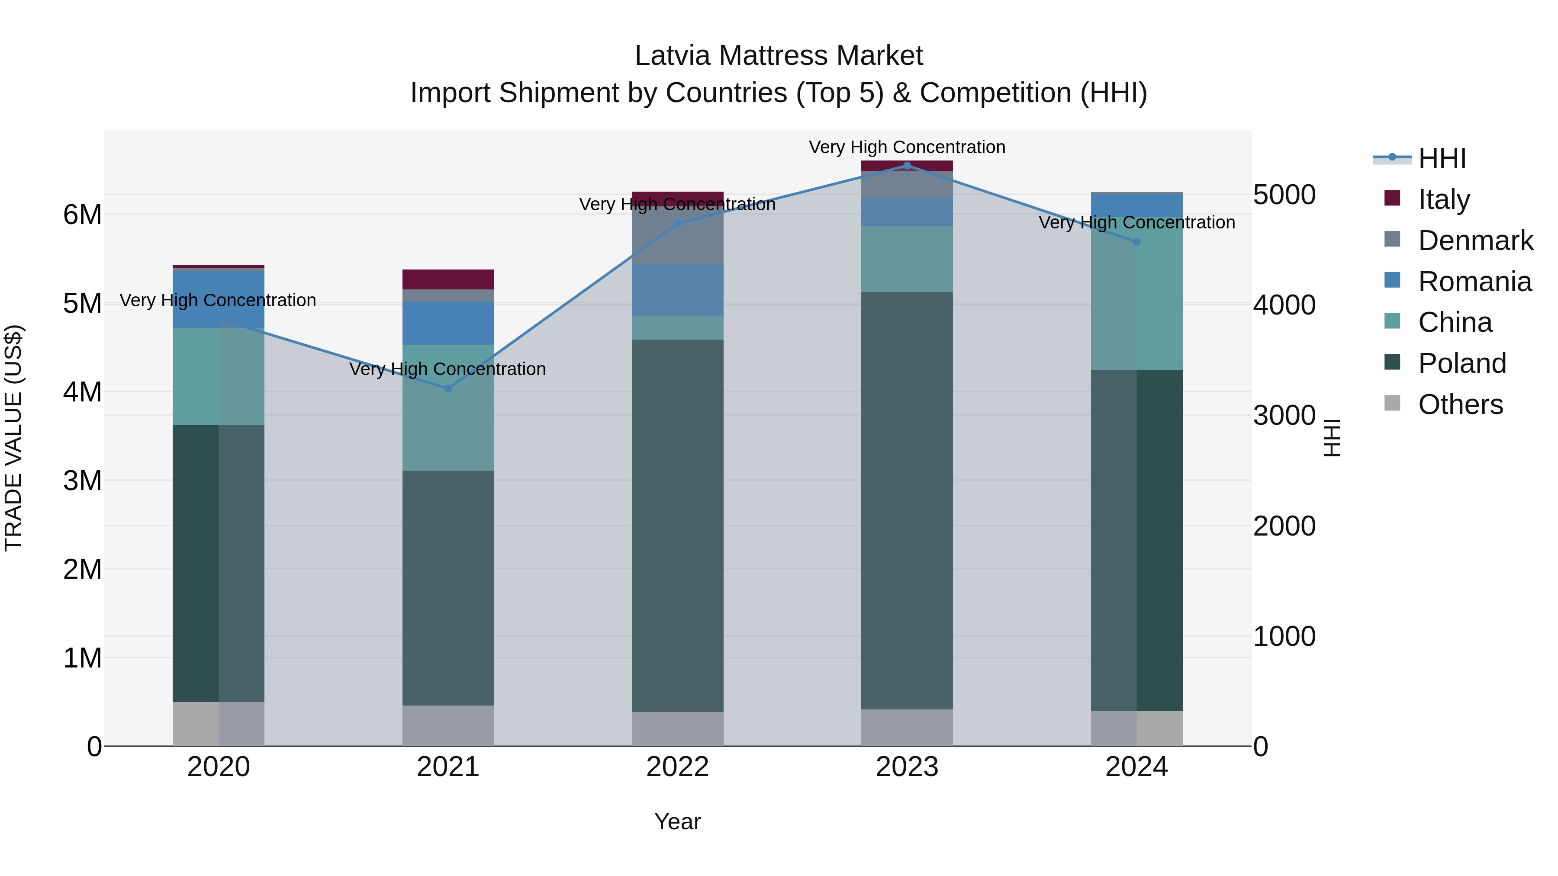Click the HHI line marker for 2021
[x=448, y=389]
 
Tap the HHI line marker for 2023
[x=907, y=165]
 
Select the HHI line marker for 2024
[x=1136, y=242]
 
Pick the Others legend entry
[x=1460, y=404]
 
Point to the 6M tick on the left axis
[x=82, y=215]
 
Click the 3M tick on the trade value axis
[x=82, y=481]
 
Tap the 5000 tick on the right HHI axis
[x=1284, y=195]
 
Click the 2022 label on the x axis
[x=677, y=767]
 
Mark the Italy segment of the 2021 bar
[x=448, y=279]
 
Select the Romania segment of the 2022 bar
[x=677, y=290]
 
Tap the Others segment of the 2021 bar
[x=448, y=725]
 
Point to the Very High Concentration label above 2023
[x=907, y=147]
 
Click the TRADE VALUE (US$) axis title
[x=14, y=438]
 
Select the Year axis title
[x=677, y=821]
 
